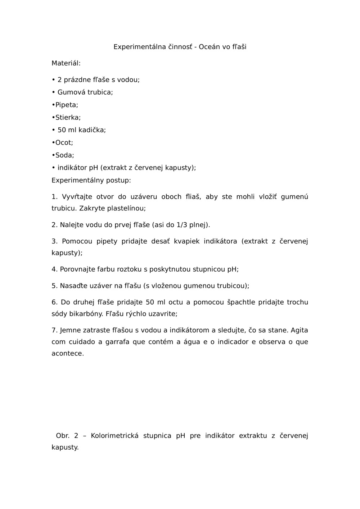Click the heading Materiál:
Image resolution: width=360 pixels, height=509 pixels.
pos(66,63)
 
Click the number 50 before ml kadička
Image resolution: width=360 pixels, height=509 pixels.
pos(62,130)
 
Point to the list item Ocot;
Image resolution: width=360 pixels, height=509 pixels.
pos(64,142)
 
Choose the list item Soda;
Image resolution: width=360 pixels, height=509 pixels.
pos(64,155)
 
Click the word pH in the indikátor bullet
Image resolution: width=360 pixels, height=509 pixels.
pos(94,168)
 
